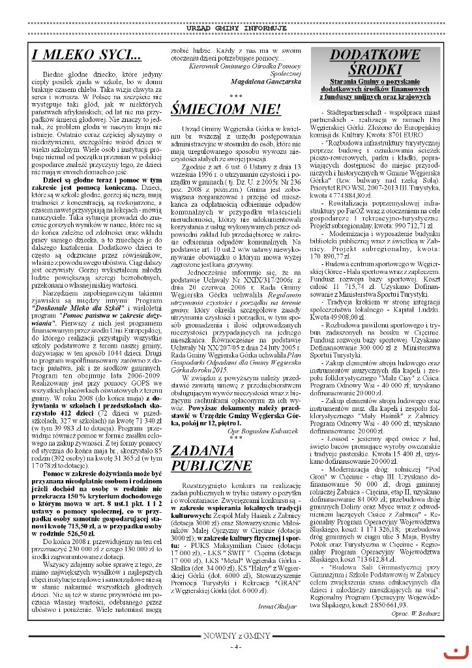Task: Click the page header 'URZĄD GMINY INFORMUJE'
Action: pyautogui.click(x=236, y=29)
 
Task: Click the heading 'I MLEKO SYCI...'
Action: pyautogui.click(x=86, y=56)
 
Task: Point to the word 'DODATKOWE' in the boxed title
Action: pyautogui.click(x=374, y=55)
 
